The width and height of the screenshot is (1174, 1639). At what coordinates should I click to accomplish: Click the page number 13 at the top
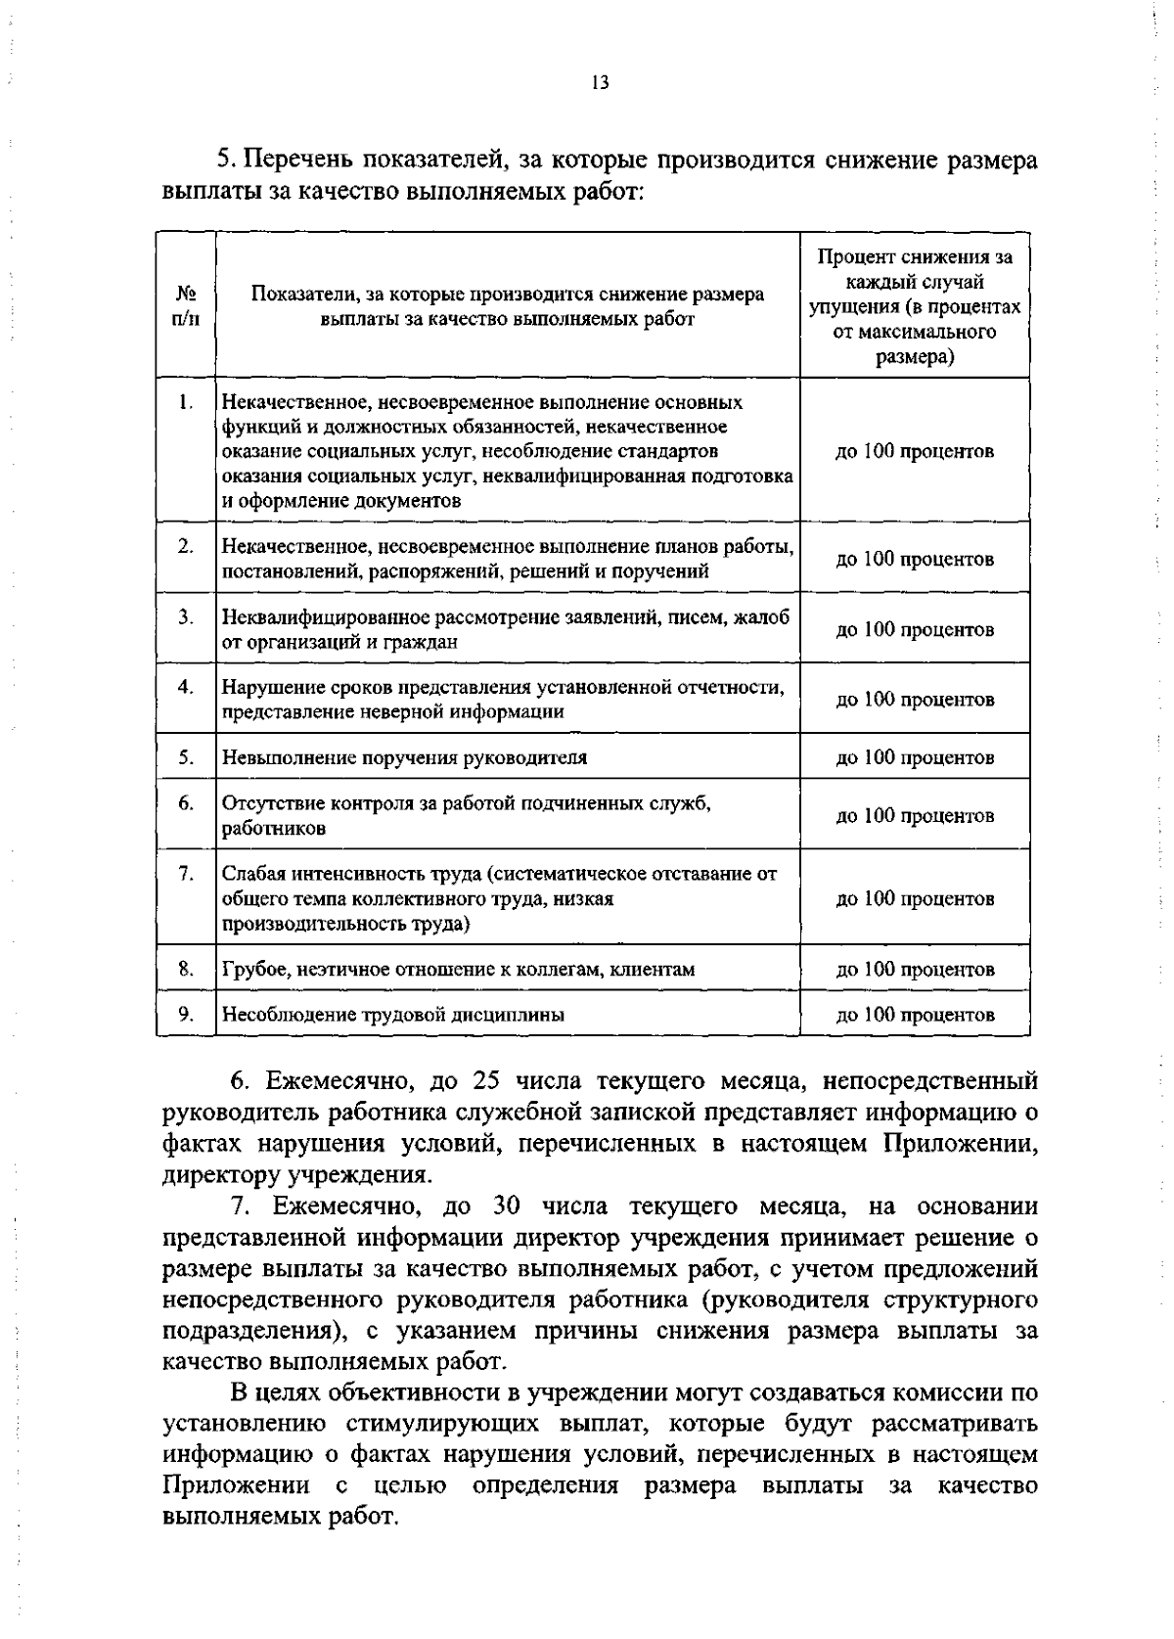pos(600,83)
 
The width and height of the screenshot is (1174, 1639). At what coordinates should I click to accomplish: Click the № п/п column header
pos(186,306)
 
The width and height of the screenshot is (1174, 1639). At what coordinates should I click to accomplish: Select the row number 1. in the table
pos(186,401)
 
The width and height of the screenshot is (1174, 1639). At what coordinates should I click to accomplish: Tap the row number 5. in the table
pos(186,756)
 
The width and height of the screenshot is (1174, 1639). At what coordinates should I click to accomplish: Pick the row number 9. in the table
pos(186,1014)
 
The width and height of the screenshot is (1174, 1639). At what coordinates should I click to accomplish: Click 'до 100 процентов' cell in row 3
pos(915,629)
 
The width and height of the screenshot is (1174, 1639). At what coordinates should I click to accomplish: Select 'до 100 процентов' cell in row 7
pos(915,898)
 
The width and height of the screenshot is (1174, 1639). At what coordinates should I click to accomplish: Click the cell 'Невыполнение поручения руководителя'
pos(405,757)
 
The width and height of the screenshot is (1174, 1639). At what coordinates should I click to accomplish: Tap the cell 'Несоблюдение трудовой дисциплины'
pos(393,1015)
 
